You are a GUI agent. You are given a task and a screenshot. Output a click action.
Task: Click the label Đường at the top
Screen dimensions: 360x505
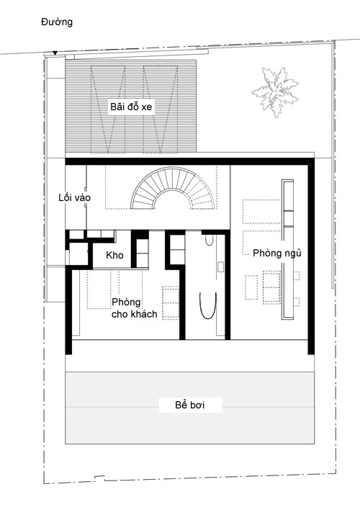[57, 22]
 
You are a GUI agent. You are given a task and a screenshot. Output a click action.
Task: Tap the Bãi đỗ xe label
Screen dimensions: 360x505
[131, 107]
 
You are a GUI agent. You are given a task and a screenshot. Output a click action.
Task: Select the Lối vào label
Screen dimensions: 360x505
[74, 197]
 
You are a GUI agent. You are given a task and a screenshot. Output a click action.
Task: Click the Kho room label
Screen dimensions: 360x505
[114, 255]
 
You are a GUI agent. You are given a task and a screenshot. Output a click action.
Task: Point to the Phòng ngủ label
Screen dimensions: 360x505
[277, 253]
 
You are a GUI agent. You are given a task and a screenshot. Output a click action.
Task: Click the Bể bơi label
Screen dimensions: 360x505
[190, 405]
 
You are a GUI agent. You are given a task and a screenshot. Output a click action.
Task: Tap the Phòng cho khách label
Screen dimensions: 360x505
[134, 308]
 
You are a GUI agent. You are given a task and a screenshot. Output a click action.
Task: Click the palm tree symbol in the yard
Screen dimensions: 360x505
[275, 91]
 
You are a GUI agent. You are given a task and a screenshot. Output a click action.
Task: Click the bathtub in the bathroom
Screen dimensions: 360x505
[207, 305]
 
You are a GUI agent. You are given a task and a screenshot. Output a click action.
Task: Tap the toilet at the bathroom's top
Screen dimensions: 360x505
[209, 240]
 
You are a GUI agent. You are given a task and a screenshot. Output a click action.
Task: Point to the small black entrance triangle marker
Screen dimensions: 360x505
[55, 53]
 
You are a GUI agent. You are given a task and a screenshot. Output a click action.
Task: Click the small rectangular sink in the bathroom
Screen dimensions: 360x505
[220, 267]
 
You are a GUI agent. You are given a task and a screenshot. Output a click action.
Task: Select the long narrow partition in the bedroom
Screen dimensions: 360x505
[287, 249]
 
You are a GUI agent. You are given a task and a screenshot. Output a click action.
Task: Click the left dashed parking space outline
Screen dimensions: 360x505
[108, 109]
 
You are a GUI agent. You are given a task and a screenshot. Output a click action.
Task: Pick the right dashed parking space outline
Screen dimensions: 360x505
[161, 109]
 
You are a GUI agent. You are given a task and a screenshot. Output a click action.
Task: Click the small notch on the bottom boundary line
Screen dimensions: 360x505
[99, 478]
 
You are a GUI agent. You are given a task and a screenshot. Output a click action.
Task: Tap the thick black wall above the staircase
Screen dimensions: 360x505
[189, 161]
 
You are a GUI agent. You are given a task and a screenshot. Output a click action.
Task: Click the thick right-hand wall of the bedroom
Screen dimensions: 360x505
[311, 256]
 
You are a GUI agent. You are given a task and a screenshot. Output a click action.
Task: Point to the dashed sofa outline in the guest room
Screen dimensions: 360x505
[171, 303]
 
